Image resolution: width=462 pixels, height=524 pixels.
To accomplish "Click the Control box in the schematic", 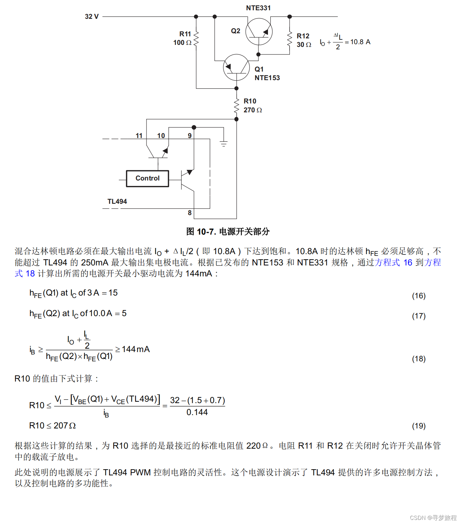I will (147, 178).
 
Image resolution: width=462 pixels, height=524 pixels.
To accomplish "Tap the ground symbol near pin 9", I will (223, 144).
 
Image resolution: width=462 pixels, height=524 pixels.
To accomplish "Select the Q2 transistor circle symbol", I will (259, 32).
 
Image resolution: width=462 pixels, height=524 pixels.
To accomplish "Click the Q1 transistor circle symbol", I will (236, 67).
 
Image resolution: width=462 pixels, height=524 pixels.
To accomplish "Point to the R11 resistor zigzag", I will (196, 38).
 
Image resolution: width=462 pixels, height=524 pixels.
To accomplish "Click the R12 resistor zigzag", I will (290, 40).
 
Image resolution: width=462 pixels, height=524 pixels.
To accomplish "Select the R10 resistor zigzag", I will (236, 105).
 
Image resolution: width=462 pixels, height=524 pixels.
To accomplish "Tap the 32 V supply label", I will (92, 16).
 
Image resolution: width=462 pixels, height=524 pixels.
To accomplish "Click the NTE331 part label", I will (258, 8).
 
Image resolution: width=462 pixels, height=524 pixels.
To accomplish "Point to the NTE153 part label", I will (267, 78).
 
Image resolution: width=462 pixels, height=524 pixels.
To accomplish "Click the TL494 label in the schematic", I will (117, 201).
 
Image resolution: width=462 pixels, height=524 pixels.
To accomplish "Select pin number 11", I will (139, 136).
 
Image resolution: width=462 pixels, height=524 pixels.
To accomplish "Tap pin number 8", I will (190, 213).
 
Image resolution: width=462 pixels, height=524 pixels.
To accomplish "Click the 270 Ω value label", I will (253, 110).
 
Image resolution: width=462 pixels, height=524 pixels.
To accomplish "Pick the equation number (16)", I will (419, 296).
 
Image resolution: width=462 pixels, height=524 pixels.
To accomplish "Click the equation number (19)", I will (419, 426).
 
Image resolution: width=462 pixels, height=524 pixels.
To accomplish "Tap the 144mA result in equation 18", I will (136, 349).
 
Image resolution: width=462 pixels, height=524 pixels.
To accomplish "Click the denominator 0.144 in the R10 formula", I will (197, 412).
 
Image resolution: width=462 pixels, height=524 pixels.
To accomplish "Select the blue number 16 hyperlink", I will (408, 262).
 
